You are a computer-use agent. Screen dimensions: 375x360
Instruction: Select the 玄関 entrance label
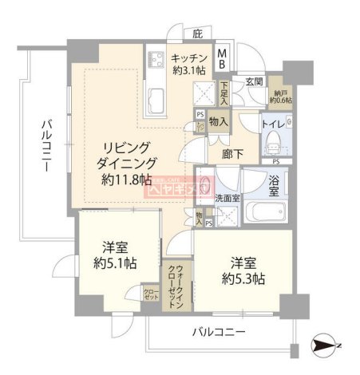(x=254, y=81)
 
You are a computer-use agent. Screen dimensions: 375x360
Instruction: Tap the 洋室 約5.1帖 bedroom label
(x=110, y=256)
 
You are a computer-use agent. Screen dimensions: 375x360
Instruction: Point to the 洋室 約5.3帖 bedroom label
(x=237, y=270)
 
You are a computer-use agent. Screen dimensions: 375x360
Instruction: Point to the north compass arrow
(x=327, y=345)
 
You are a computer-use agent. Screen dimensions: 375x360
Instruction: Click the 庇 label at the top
(x=196, y=34)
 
